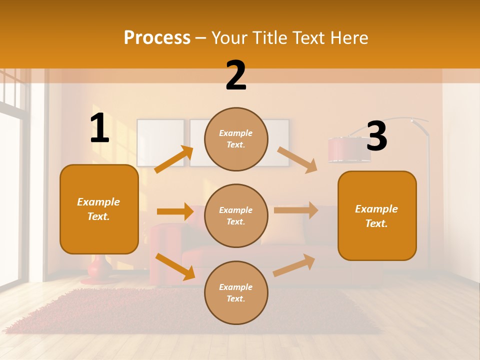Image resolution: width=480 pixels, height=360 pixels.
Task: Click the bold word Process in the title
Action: [x=157, y=38]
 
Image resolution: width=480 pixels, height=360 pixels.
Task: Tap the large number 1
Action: [x=99, y=128]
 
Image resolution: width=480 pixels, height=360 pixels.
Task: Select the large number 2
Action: [x=236, y=75]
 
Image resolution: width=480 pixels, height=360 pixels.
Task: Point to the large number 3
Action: [x=376, y=136]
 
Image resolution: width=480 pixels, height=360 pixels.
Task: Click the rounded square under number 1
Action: [x=99, y=209]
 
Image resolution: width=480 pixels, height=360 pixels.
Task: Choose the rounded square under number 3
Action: [x=377, y=215]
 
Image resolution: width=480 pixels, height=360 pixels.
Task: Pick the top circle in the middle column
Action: [x=236, y=139]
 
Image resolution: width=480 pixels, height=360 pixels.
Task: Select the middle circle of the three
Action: [x=236, y=215]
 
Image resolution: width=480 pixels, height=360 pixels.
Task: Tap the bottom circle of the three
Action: [x=236, y=292]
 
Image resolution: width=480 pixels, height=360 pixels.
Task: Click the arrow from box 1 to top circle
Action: [x=174, y=159]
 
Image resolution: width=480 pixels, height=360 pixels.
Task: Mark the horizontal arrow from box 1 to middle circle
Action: [x=175, y=211]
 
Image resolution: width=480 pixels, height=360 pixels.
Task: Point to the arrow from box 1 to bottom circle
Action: [x=175, y=266]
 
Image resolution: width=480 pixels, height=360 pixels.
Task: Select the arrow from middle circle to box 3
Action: [x=296, y=210]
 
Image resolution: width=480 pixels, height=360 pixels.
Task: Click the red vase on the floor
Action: [x=100, y=268]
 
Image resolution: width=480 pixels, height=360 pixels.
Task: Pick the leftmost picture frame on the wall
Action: [x=160, y=142]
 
